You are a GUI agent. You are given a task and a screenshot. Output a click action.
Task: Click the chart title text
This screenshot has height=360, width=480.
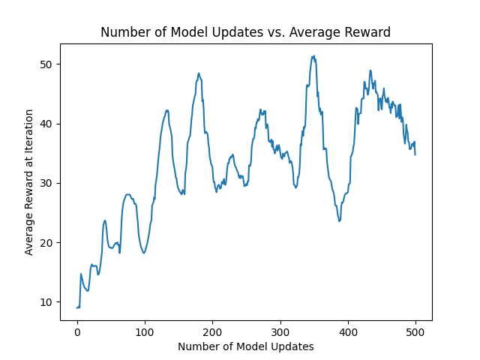(245, 32)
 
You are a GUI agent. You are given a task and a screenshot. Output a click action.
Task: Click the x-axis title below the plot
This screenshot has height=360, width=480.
(246, 346)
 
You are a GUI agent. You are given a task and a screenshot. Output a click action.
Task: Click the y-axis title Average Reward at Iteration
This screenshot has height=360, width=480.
(28, 182)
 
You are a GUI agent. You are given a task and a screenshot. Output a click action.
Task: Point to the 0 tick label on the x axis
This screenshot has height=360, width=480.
(77, 332)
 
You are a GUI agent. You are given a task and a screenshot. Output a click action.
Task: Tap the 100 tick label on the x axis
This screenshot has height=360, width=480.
(145, 332)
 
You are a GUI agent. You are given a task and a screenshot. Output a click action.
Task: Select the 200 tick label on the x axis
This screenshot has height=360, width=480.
(212, 332)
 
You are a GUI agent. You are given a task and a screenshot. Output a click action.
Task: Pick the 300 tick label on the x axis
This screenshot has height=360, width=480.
(280, 332)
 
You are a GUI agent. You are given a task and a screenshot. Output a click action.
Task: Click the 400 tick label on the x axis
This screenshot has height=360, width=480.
(348, 332)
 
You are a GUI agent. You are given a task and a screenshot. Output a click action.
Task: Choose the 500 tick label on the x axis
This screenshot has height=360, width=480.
(415, 332)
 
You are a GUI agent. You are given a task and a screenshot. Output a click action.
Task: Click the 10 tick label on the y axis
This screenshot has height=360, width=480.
(46, 302)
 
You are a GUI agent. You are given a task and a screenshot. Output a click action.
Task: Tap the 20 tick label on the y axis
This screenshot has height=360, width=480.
(46, 243)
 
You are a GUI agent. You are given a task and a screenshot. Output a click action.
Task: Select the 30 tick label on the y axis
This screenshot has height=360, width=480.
(46, 183)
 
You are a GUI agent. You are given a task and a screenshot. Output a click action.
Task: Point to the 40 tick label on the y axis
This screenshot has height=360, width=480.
(46, 124)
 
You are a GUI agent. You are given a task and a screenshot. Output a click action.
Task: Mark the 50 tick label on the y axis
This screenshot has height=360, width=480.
(46, 64)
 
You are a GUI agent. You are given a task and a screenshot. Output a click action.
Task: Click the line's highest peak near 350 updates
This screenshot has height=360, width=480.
(313, 56)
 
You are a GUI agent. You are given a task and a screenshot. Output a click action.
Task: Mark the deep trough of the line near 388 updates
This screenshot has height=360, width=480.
(339, 221)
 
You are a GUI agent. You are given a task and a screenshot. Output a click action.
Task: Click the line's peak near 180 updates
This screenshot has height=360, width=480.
(199, 73)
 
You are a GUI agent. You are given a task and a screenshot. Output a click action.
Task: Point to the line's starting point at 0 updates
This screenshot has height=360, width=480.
(76, 307)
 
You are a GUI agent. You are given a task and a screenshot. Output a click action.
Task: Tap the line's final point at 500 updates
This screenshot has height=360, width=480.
(415, 154)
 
